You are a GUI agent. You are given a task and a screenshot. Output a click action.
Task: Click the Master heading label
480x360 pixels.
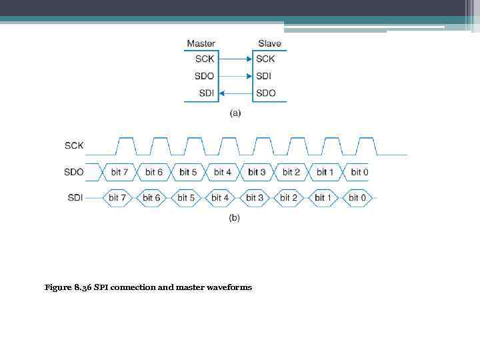click(x=201, y=44)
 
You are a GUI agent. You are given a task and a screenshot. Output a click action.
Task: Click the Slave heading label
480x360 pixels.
click(x=269, y=44)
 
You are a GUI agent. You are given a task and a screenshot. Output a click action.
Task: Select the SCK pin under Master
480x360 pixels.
click(x=205, y=59)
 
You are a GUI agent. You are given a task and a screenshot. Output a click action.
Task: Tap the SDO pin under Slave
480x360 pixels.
click(x=265, y=93)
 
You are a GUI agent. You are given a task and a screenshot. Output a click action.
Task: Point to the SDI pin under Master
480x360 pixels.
click(x=206, y=93)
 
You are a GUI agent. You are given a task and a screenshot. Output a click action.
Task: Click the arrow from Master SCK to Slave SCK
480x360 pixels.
click(x=235, y=59)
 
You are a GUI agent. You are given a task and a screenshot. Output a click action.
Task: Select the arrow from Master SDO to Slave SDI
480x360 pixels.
click(x=235, y=76)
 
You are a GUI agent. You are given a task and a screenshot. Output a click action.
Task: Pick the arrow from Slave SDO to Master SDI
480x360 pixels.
click(x=235, y=93)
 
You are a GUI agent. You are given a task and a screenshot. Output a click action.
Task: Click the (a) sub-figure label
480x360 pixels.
click(x=235, y=113)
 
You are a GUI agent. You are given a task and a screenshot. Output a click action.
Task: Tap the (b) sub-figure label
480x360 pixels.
click(x=235, y=217)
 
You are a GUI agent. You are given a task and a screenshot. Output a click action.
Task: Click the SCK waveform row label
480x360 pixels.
click(x=74, y=145)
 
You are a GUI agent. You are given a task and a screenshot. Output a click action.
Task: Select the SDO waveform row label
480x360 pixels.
click(x=74, y=172)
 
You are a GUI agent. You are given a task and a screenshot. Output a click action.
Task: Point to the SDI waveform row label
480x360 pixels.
click(x=75, y=198)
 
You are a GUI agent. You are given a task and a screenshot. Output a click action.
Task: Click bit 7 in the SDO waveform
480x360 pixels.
click(x=120, y=172)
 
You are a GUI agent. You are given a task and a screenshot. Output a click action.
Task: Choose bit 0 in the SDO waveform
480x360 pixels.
click(x=359, y=172)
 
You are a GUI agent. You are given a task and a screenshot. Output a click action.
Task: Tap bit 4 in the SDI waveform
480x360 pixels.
click(x=220, y=198)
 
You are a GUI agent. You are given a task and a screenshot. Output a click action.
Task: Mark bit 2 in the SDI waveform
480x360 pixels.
click(x=289, y=198)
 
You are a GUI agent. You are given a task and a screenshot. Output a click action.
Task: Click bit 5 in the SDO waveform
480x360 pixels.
click(x=189, y=172)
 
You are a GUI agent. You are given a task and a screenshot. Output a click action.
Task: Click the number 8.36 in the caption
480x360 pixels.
click(x=83, y=287)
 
